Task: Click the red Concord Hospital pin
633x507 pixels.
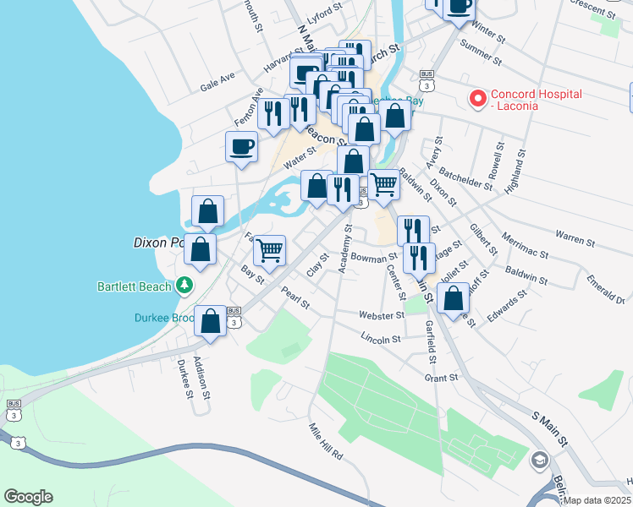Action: (477, 99)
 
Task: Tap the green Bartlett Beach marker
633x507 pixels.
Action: (184, 286)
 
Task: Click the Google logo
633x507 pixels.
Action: (28, 497)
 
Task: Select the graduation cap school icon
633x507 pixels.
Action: (539, 461)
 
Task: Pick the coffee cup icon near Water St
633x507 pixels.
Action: (242, 146)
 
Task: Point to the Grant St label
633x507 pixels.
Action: (441, 379)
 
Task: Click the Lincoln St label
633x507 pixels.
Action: (380, 339)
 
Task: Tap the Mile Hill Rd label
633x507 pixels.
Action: (325, 440)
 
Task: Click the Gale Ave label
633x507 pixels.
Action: (217, 81)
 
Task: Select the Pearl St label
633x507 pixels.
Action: (295, 298)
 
